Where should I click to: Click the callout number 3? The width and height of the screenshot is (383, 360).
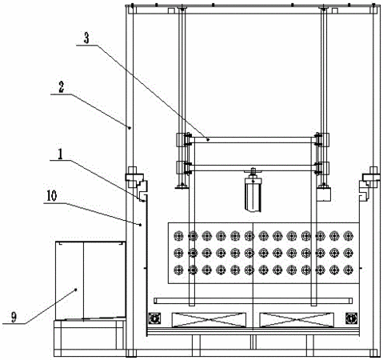[86, 38]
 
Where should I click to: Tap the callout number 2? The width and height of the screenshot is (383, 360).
[62, 87]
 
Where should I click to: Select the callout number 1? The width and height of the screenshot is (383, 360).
[60, 154]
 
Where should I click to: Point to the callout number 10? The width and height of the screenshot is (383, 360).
[52, 196]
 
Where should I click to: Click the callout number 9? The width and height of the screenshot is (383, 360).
[14, 317]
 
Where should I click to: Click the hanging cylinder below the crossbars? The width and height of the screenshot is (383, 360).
[253, 194]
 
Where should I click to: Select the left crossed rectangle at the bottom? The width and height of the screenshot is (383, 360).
[209, 320]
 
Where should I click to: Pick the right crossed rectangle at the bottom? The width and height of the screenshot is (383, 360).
[297, 320]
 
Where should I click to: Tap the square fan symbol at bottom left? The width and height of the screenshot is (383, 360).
[154, 318]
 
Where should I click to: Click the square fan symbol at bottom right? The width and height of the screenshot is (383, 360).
[352, 318]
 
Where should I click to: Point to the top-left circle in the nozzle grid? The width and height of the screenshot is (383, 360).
[178, 236]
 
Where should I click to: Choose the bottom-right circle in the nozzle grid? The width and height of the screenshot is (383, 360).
[348, 270]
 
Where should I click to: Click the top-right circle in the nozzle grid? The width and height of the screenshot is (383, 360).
[348, 236]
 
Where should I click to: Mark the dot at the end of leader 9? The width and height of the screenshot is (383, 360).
[76, 290]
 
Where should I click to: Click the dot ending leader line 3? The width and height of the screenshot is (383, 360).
[208, 139]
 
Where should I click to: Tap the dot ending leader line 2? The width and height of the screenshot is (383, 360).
[130, 128]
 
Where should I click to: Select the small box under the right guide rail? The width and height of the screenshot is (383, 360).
[324, 194]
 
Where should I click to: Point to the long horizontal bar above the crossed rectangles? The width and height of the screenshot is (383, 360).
[253, 301]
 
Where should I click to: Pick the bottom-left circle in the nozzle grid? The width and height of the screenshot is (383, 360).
[178, 270]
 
